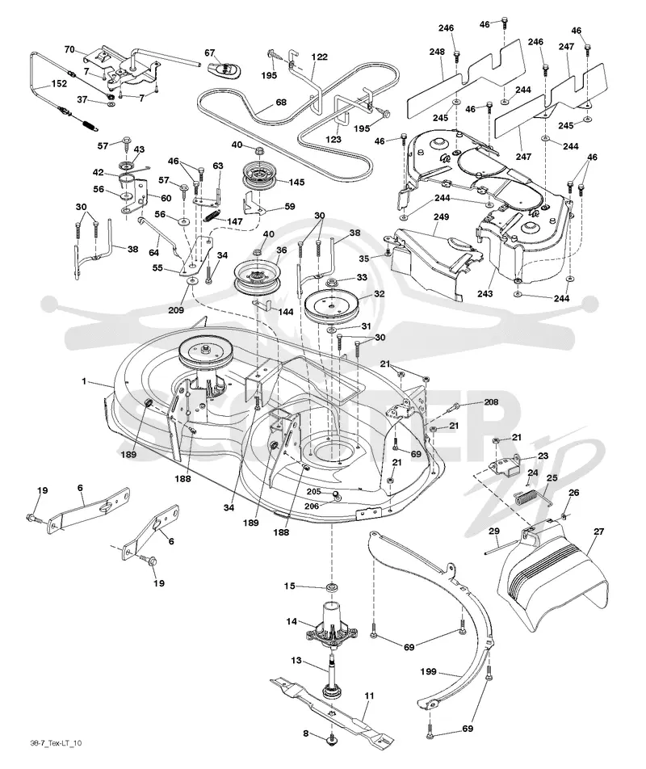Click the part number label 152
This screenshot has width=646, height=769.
tap(59, 83)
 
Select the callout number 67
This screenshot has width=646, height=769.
tap(210, 53)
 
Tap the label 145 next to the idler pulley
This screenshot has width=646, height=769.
tap(296, 182)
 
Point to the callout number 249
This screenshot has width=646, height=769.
tap(441, 216)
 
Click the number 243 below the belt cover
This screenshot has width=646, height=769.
tap(485, 293)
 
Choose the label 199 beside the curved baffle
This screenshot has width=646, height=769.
tap(429, 671)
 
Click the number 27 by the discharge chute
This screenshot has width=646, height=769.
tap(598, 532)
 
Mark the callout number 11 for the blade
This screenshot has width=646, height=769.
tap(369, 695)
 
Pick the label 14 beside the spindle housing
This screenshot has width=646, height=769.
tap(292, 621)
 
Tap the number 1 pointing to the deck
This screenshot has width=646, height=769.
tap(84, 380)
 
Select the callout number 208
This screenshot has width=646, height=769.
tap(491, 401)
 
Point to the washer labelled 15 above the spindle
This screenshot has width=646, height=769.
tap(333, 586)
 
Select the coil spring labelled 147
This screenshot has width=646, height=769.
tap(210, 216)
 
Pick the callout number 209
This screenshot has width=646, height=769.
tap(176, 310)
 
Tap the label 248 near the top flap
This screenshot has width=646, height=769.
tap(437, 52)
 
